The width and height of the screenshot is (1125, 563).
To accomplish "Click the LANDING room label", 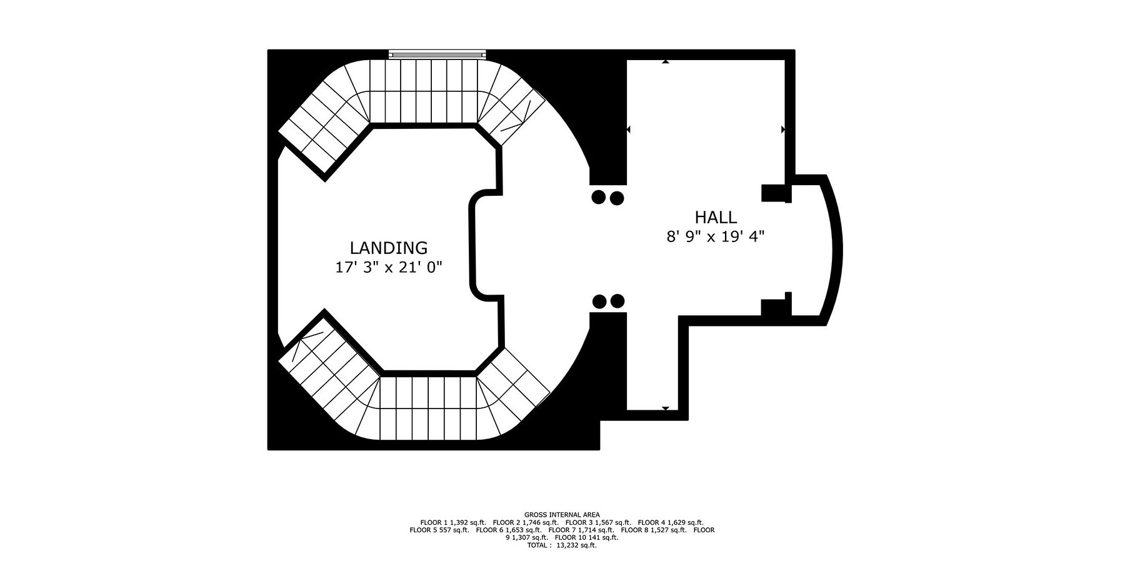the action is point(388,248).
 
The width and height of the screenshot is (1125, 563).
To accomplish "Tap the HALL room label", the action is point(716,218).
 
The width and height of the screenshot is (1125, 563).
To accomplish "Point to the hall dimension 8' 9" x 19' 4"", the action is point(716,237).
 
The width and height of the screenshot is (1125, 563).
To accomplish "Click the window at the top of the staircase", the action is point(437,54).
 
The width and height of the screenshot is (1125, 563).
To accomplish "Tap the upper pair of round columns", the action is point(607,198).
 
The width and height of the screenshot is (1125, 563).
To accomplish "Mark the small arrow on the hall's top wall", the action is point(666,62).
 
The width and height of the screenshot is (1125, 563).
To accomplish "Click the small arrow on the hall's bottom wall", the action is point(666,408).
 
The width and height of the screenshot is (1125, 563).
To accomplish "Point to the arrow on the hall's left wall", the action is point(628,129).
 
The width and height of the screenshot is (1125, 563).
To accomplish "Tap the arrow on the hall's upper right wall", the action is point(783,129).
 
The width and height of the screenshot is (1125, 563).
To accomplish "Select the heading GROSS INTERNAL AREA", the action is point(562,515).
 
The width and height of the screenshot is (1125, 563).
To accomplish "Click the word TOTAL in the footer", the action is point(537,545).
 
